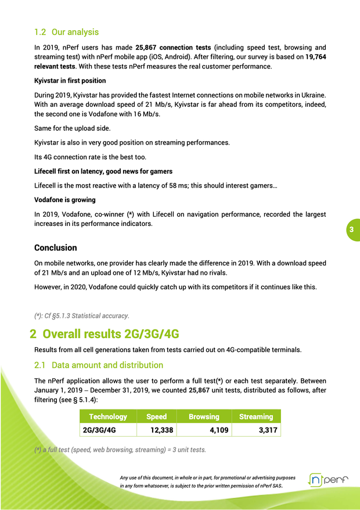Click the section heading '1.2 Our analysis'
point(66,32)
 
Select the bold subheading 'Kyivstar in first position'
point(70,81)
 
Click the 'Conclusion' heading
point(56,247)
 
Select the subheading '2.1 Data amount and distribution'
point(99,365)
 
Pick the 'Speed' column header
point(156,416)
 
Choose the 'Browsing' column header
point(204,416)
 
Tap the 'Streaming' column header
point(255,416)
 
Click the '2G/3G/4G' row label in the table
point(99,430)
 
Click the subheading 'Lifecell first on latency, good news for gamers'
point(103,171)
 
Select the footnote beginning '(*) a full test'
point(120,450)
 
